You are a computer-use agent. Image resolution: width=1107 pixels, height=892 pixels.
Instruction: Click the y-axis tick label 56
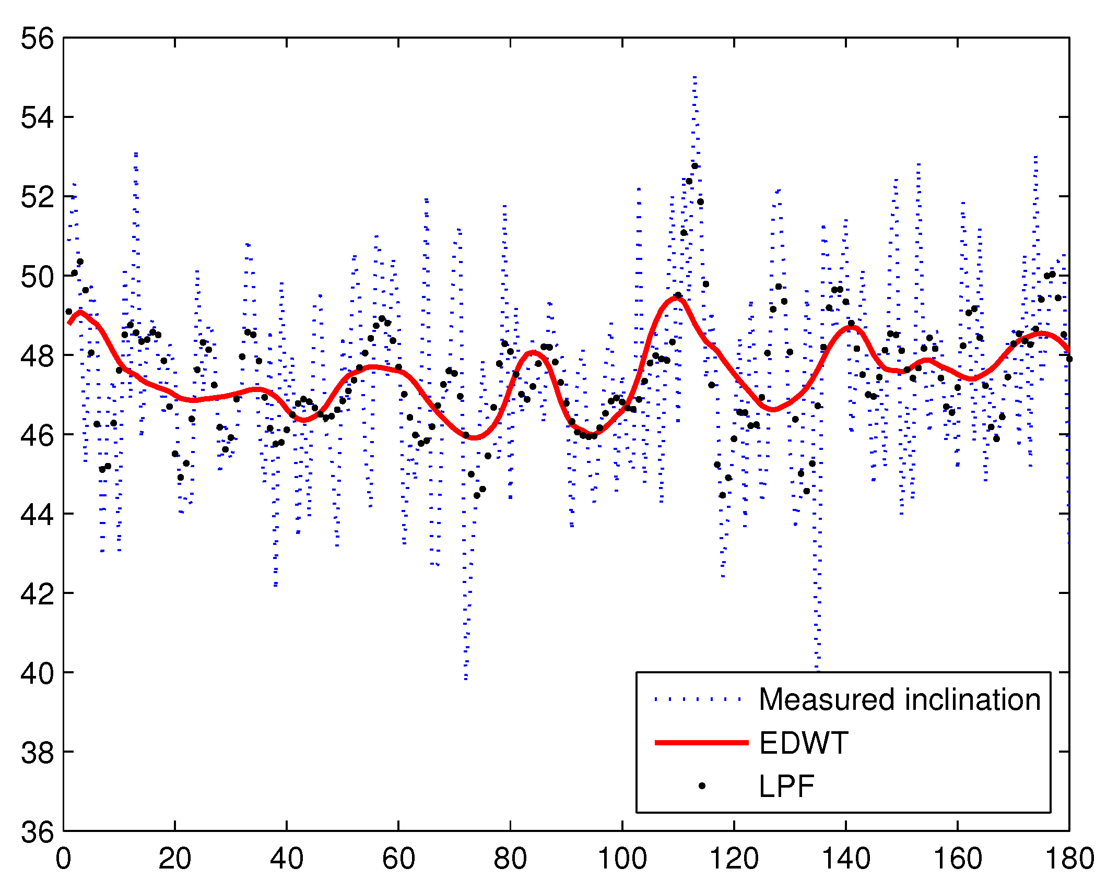[x=37, y=39]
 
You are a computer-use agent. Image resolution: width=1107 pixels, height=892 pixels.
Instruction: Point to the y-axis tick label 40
[x=37, y=673]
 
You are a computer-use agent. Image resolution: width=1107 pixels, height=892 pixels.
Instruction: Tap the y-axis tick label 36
[x=37, y=832]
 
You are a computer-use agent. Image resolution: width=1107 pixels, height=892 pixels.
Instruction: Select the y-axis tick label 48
[x=37, y=356]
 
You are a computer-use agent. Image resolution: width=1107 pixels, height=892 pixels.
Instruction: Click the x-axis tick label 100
[x=622, y=859]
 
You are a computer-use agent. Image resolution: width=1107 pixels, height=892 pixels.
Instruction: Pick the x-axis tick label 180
[x=1069, y=859]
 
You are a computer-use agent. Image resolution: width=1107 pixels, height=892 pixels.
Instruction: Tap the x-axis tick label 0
[x=63, y=859]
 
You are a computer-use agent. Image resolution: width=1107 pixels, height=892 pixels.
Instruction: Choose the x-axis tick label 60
[x=398, y=859]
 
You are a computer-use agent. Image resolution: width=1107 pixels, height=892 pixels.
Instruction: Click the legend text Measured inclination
[x=899, y=700]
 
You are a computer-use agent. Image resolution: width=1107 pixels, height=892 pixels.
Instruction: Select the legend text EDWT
[x=804, y=743]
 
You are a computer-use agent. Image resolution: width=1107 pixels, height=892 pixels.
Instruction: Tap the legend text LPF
[x=786, y=786]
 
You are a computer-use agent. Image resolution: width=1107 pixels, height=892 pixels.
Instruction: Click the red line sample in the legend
[x=701, y=743]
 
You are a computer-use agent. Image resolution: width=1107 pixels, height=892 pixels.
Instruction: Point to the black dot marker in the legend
[x=702, y=786]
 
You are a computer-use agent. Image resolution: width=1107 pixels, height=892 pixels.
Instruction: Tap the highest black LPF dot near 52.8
[x=694, y=166]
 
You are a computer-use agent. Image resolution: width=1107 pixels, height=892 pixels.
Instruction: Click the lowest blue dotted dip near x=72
[x=466, y=677]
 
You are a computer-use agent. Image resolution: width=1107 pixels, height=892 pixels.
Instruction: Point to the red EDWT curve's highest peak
[x=677, y=298]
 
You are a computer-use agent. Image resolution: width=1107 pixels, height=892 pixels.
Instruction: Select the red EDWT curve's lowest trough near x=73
[x=474, y=437]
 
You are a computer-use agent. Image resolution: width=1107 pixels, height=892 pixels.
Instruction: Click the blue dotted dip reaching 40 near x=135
[x=818, y=669]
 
